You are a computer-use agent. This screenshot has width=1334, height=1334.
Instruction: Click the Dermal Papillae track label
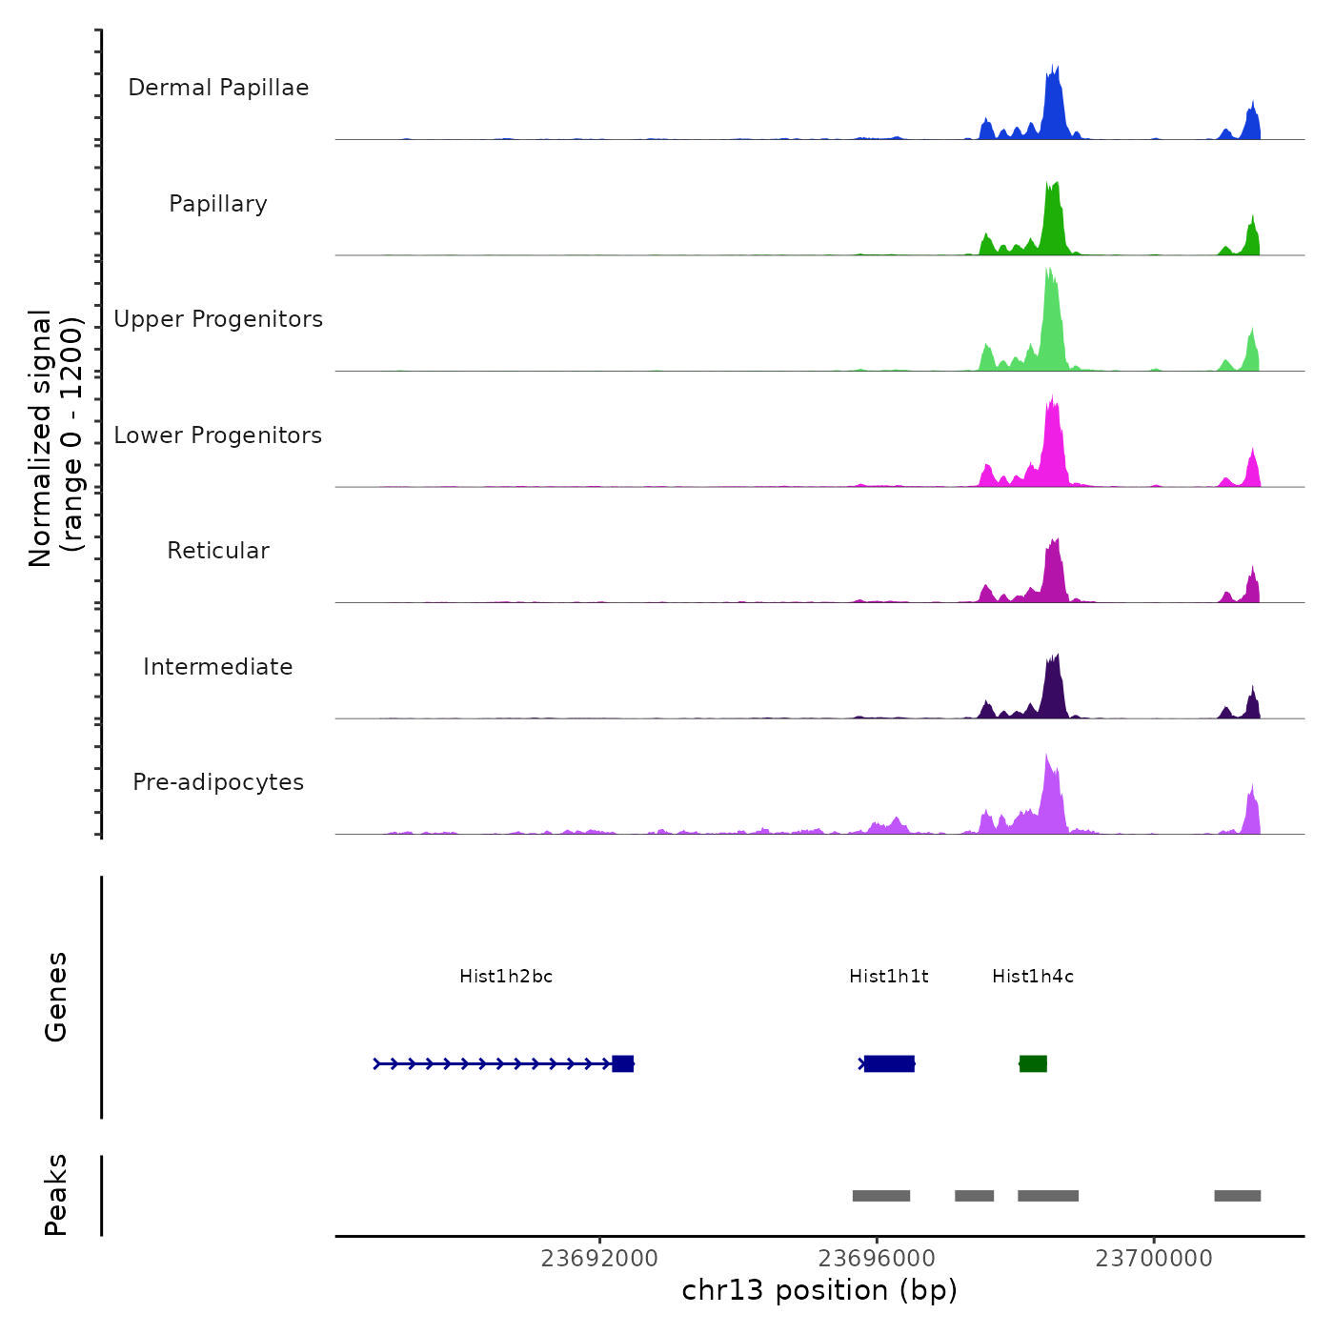(x=218, y=88)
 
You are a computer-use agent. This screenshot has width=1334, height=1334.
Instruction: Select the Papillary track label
(x=218, y=204)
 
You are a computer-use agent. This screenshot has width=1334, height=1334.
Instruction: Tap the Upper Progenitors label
(x=218, y=319)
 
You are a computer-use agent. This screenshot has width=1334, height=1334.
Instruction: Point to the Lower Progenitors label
(x=218, y=435)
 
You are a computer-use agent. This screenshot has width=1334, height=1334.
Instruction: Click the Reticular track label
(x=218, y=551)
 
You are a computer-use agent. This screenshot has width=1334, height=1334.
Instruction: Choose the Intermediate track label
(x=218, y=667)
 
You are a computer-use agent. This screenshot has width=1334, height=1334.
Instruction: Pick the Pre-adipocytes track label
(x=218, y=782)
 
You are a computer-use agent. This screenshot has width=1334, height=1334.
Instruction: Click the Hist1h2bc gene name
(x=506, y=977)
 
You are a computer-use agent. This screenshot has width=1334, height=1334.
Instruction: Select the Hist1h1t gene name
(x=889, y=977)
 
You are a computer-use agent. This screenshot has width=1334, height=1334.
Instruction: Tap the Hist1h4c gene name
(x=1033, y=977)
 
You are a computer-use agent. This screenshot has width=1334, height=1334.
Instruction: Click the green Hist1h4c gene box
(x=1033, y=1063)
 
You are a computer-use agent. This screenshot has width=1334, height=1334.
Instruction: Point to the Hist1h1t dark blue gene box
(x=889, y=1063)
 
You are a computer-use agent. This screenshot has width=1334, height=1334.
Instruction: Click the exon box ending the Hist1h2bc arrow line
(x=622, y=1063)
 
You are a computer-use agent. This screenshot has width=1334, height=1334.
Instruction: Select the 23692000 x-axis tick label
(x=599, y=1259)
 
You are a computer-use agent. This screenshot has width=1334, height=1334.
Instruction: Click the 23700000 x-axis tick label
(x=1154, y=1259)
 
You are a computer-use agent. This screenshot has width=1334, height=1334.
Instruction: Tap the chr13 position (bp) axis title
(x=819, y=1290)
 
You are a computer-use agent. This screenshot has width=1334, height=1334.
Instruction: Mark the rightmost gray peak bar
(x=1237, y=1196)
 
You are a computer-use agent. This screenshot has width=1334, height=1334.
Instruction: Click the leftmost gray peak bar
(x=881, y=1196)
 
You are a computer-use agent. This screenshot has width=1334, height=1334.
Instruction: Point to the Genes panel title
(x=56, y=997)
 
